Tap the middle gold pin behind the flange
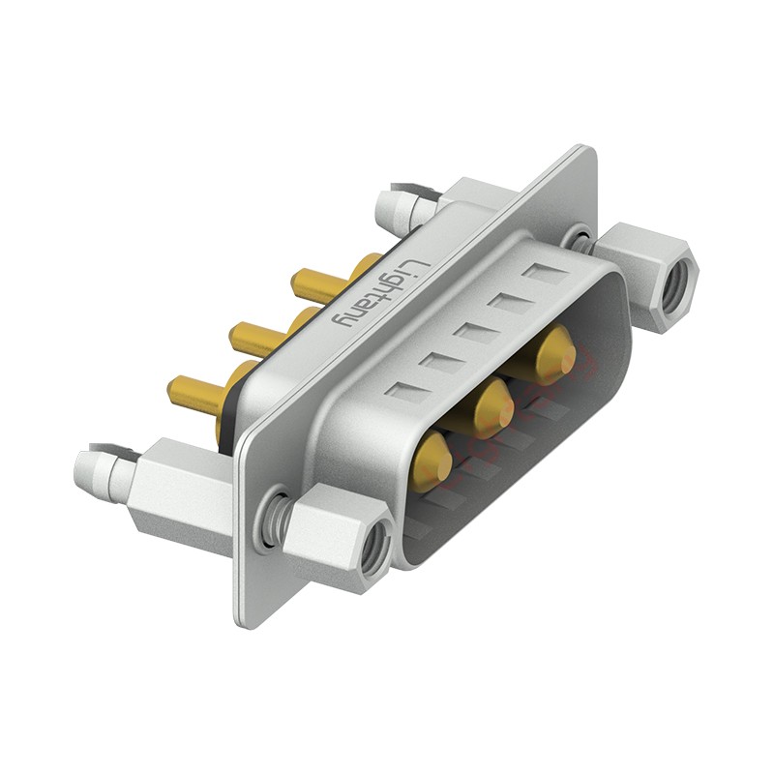pos(254,339)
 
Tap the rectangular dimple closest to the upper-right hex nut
pos(541,273)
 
